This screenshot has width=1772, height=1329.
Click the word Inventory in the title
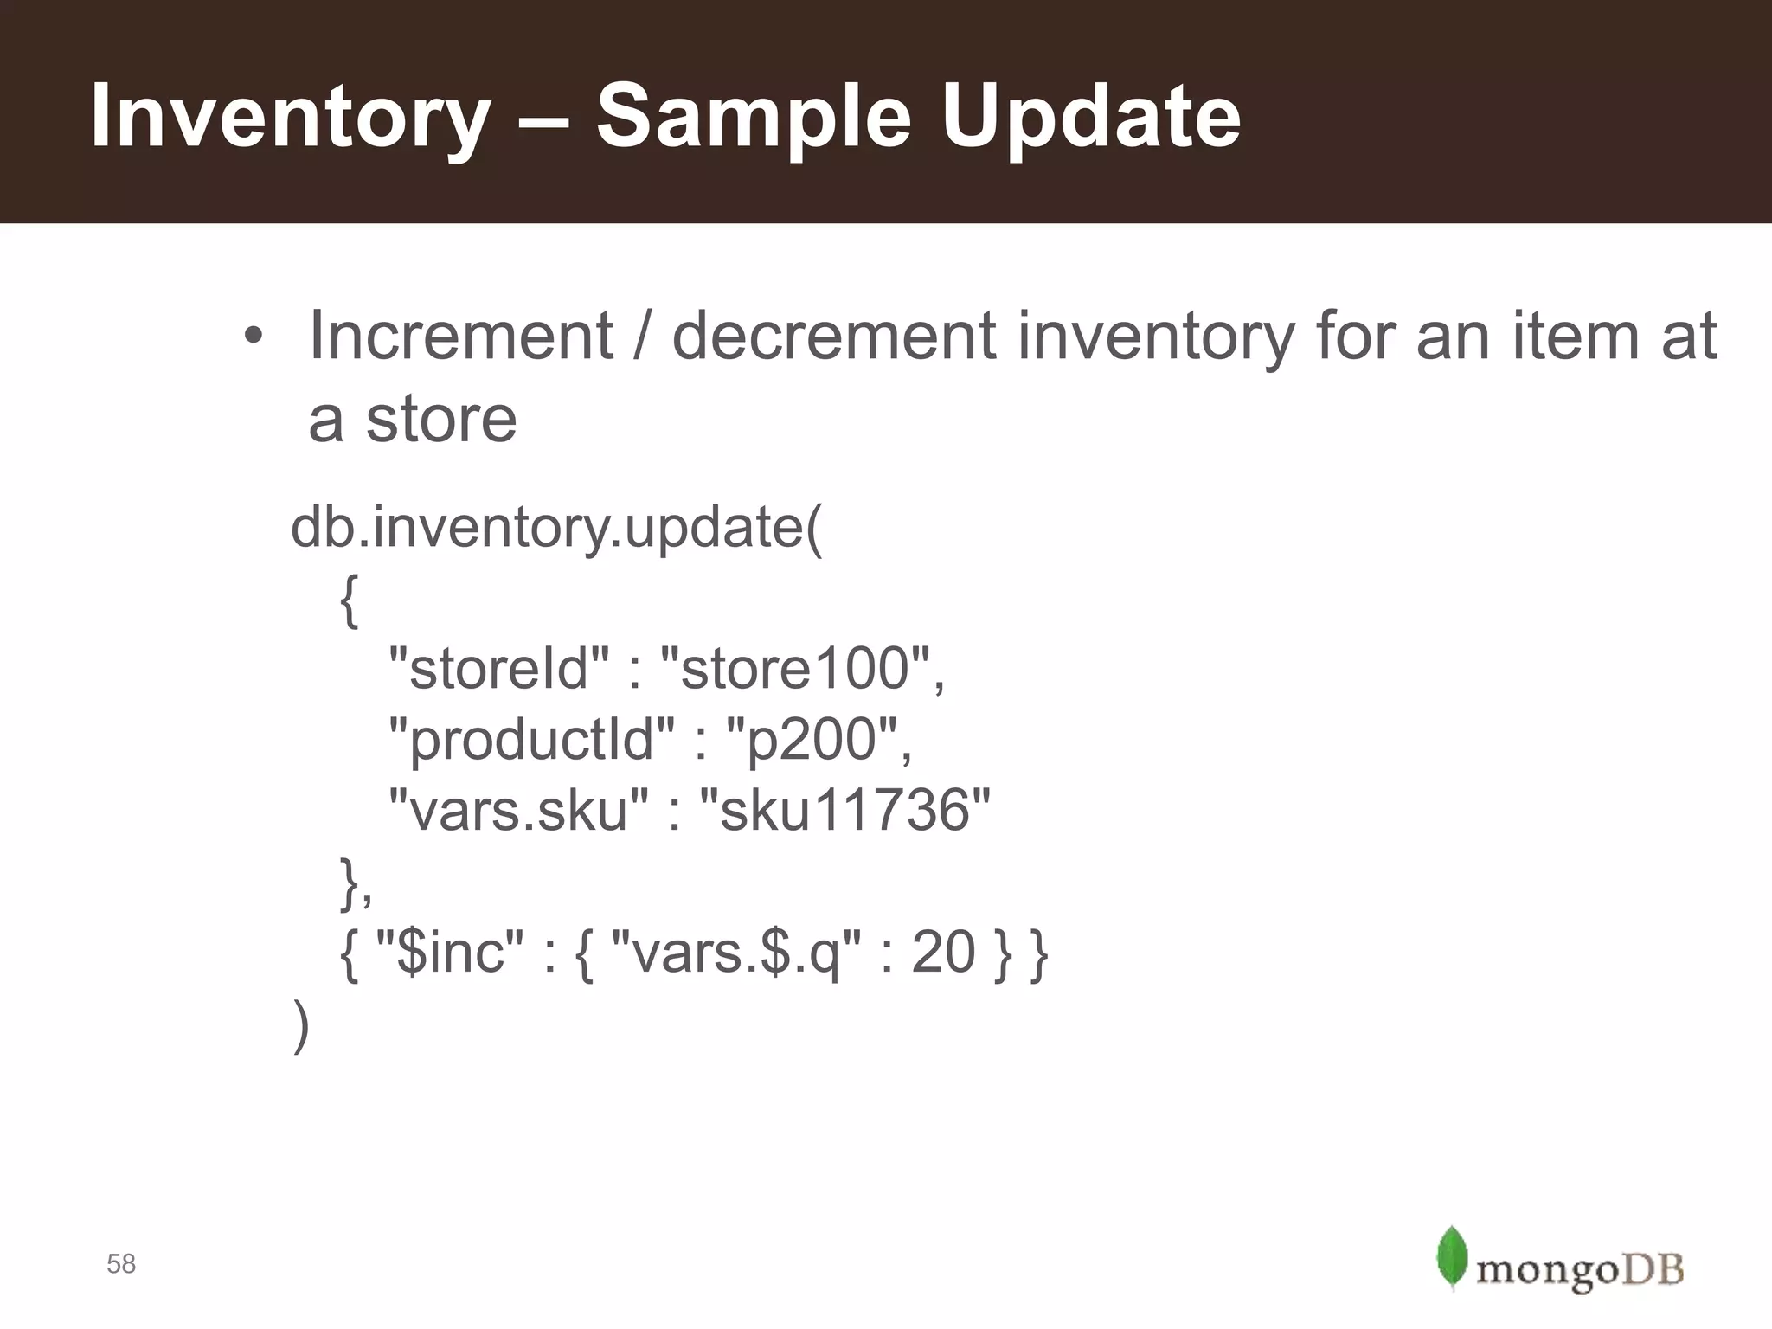pyautogui.click(x=290, y=117)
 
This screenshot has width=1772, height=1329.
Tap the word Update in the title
pyautogui.click(x=1090, y=117)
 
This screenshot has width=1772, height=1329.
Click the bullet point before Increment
pyautogui.click(x=252, y=337)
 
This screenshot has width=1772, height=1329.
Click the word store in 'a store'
pyautogui.click(x=441, y=419)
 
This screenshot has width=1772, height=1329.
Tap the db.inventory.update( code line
pyautogui.click(x=557, y=527)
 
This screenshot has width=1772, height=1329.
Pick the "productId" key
pyautogui.click(x=531, y=739)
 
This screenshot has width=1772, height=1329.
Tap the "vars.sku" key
pyautogui.click(x=517, y=810)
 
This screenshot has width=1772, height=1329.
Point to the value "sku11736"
pyautogui.click(x=844, y=810)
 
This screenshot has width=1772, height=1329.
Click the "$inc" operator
pyautogui.click(x=450, y=952)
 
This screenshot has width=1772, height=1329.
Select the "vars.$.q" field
pyautogui.click(x=735, y=952)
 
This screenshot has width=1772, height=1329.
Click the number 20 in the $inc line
pyautogui.click(x=943, y=952)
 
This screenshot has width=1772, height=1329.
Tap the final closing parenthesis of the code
pyautogui.click(x=300, y=1025)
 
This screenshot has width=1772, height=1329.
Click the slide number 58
pyautogui.click(x=121, y=1264)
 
